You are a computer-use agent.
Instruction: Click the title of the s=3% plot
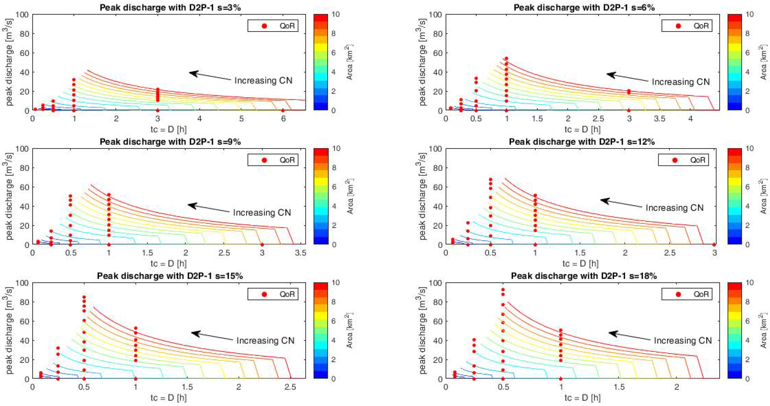pos(170,8)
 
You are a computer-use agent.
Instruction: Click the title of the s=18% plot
pos(584,276)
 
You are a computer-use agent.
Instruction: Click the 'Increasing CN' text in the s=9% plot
pos(262,213)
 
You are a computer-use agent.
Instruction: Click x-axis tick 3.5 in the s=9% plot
pos(300,253)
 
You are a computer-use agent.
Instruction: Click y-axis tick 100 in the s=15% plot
pos(24,282)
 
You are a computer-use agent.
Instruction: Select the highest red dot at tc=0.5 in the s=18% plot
pos(503,289)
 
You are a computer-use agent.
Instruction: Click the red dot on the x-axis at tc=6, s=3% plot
pos(283,111)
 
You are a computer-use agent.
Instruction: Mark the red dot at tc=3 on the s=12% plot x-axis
pos(714,244)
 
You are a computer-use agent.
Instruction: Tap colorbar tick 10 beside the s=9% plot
pos(336,148)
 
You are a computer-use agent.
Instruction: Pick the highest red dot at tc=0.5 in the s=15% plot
pos(84,297)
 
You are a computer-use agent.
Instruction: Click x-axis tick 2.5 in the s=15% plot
pos(290,387)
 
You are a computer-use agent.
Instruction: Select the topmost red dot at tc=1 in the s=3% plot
pos(74,80)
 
